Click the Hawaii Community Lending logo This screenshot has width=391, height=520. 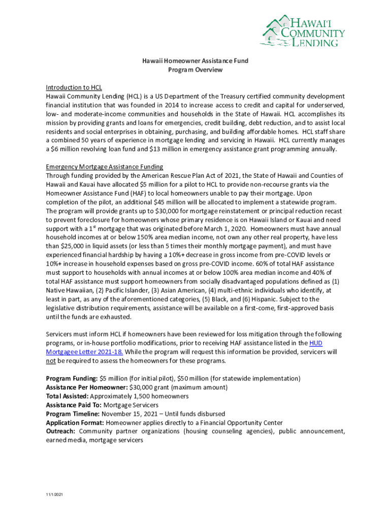tap(304, 30)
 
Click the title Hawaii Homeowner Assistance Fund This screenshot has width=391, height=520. tap(195, 60)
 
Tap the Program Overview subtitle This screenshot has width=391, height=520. tap(195, 70)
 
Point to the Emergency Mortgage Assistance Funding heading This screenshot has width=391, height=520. tap(104, 167)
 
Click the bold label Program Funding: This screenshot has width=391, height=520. tap(72, 378)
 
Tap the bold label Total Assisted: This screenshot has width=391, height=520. tap(67, 396)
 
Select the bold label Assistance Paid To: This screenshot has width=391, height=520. tap(74, 405)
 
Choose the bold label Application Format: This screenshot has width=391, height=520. tap(75, 422)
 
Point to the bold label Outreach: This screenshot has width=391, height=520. tap(60, 432)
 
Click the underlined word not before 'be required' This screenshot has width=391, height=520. tap(50, 361)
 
